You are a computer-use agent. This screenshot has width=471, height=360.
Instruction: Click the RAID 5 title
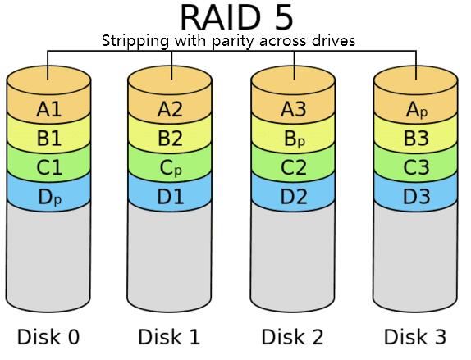pyautogui.click(x=235, y=17)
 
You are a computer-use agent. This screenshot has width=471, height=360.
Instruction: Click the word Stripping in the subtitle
pyautogui.click(x=132, y=40)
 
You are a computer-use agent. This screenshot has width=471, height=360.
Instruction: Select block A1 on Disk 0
pyautogui.click(x=49, y=108)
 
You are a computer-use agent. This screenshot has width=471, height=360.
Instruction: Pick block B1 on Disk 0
pyautogui.click(x=49, y=137)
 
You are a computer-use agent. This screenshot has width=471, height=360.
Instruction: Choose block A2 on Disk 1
pyautogui.click(x=171, y=108)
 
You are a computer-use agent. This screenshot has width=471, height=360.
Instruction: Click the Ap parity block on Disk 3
pyautogui.click(x=417, y=109)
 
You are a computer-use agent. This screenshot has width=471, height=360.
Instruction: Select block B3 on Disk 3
pyautogui.click(x=417, y=137)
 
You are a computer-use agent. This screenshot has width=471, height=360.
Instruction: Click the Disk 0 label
pyautogui.click(x=49, y=336)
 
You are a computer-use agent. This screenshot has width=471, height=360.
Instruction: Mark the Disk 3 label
pyautogui.click(x=417, y=336)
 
